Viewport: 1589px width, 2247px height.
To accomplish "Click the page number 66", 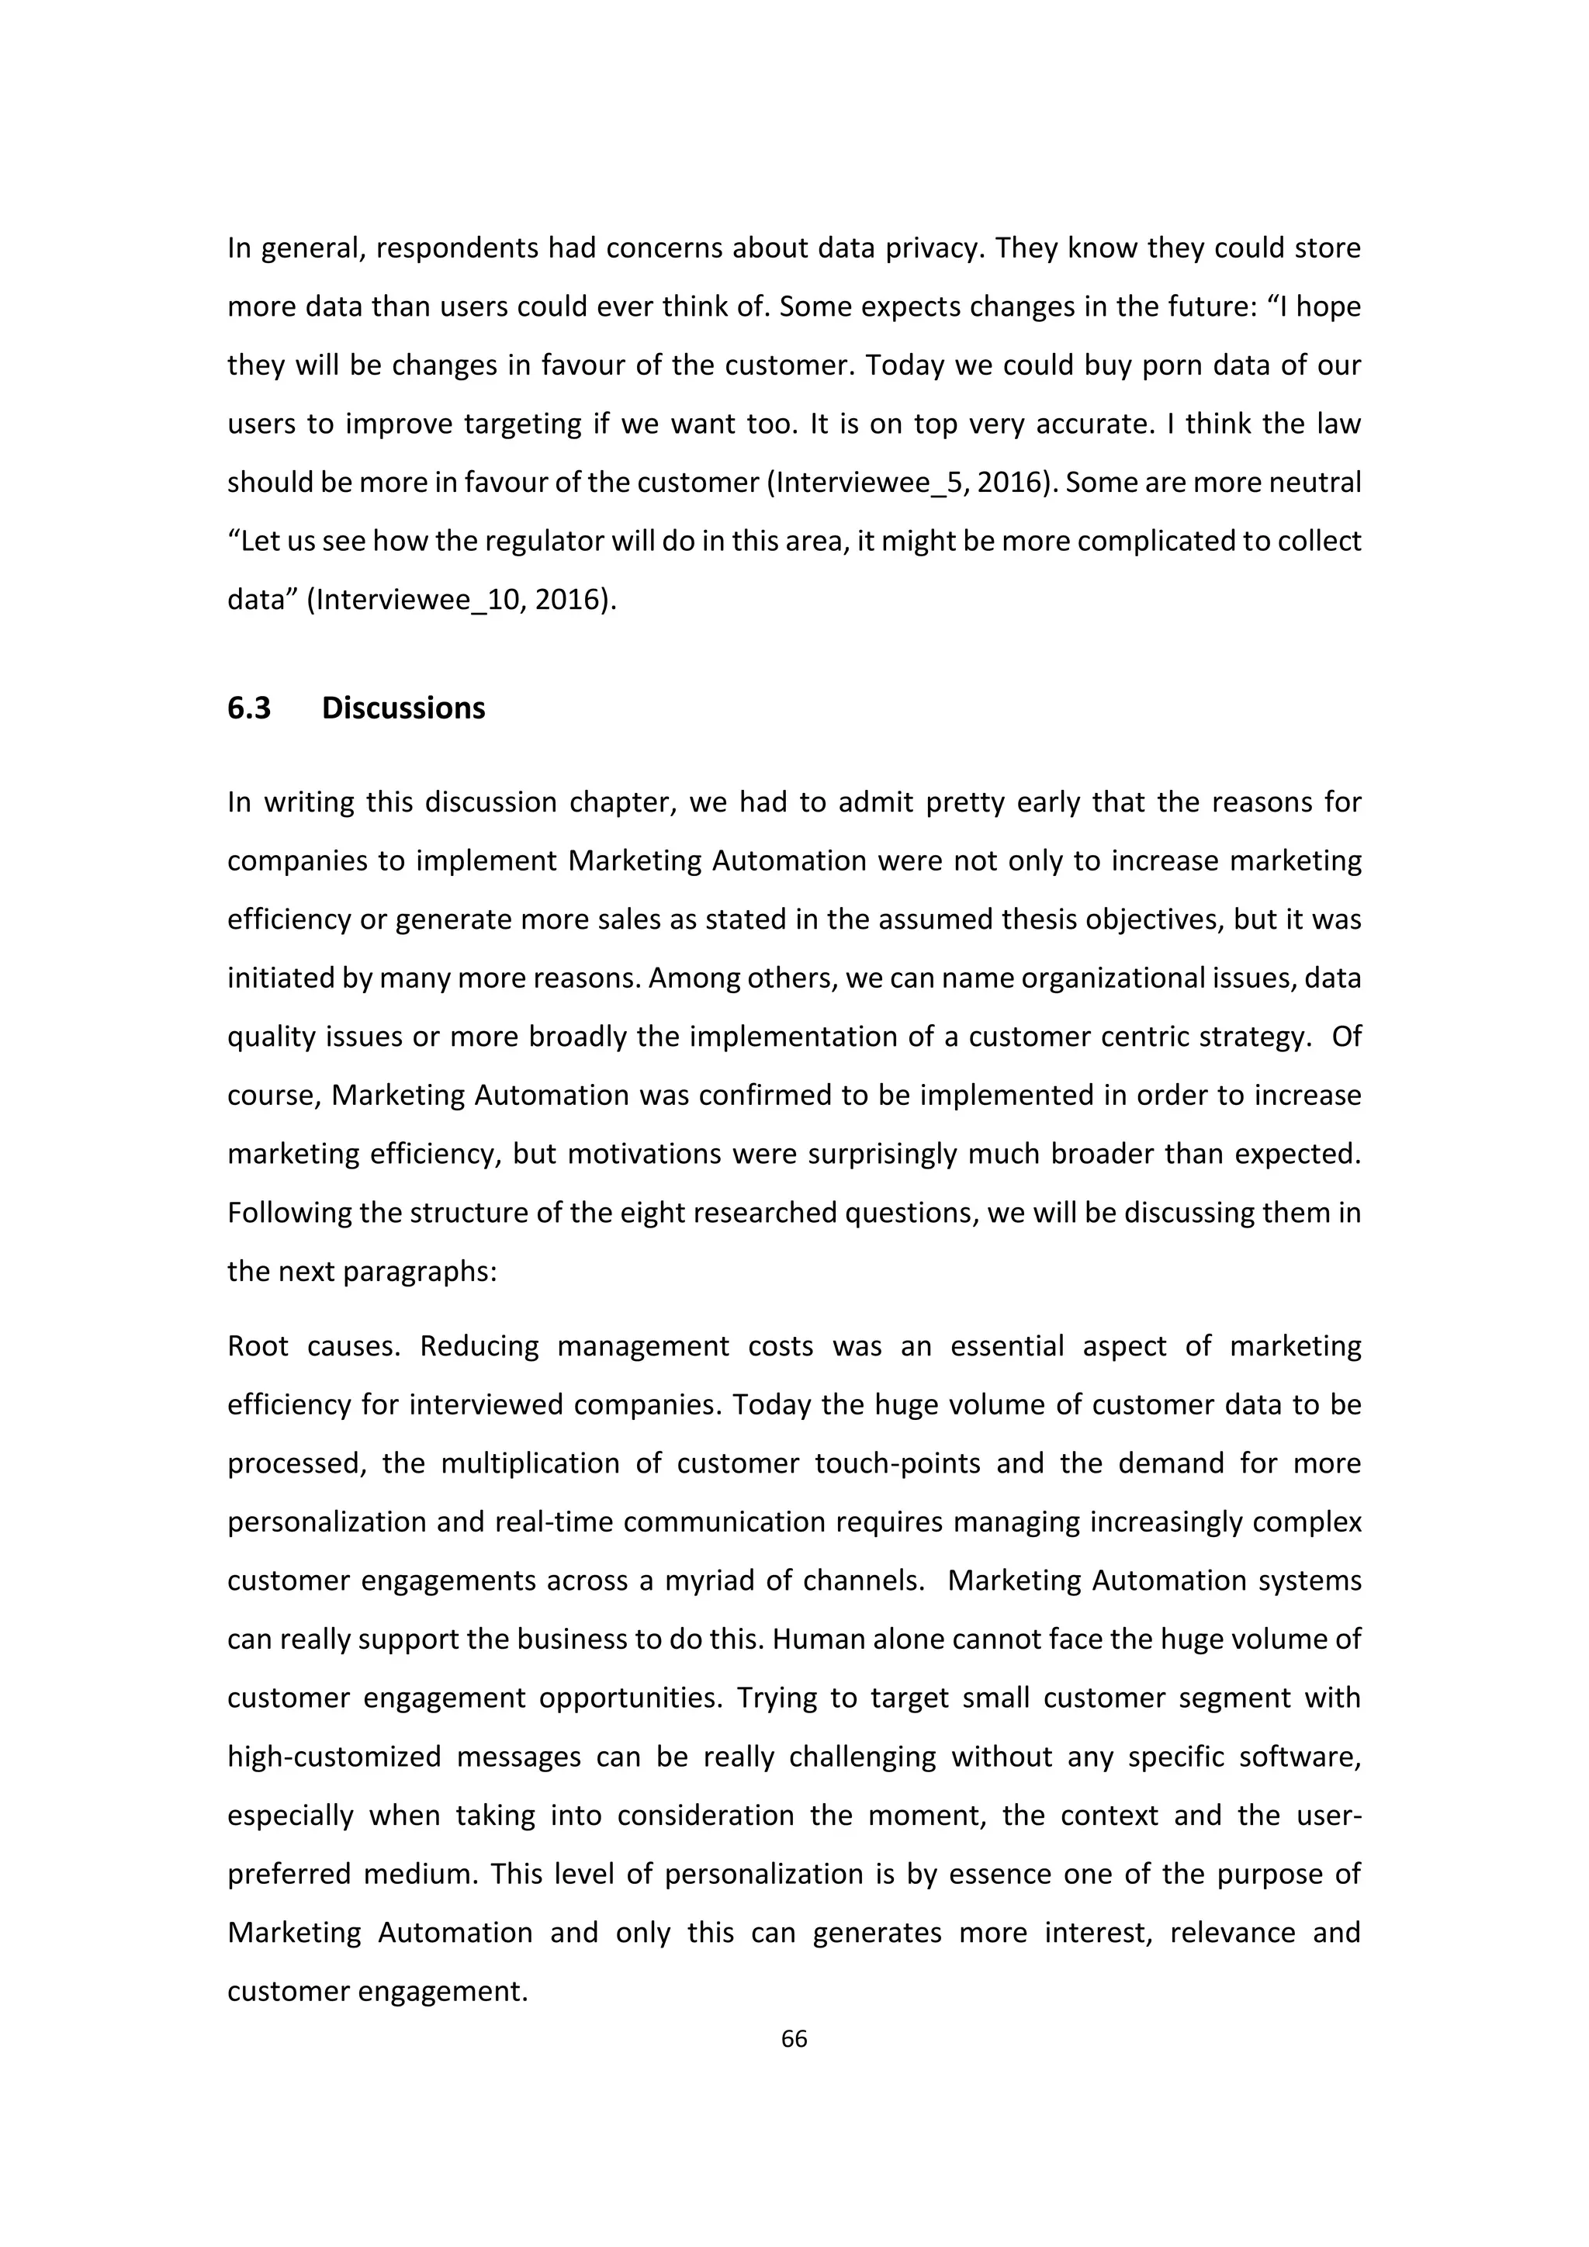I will (x=794, y=2038).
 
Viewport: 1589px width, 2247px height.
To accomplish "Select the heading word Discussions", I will (x=403, y=708).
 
